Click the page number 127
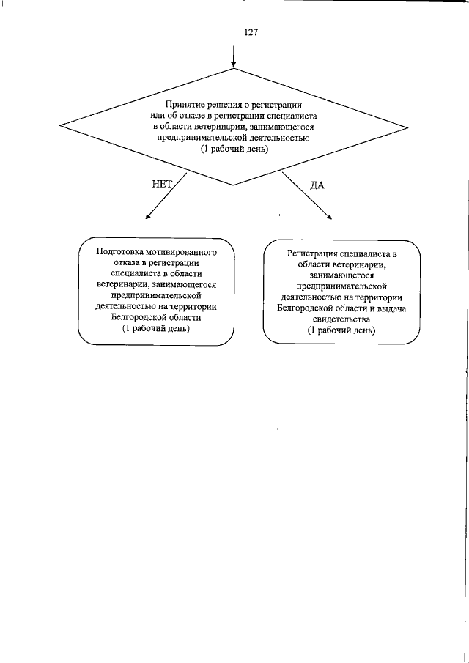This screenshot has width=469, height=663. (234, 33)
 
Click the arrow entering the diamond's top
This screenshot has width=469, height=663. (234, 57)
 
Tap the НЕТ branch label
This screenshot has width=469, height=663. (161, 185)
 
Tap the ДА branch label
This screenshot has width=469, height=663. (317, 185)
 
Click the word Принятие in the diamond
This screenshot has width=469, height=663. (183, 105)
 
